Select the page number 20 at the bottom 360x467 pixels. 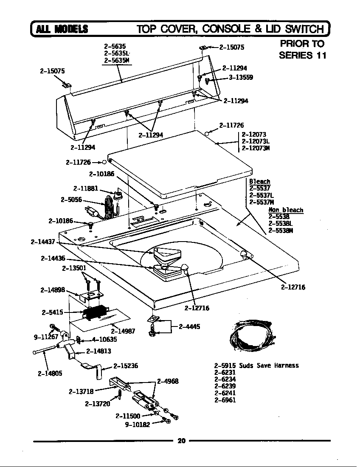[182, 441]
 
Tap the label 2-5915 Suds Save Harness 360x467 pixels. [256, 366]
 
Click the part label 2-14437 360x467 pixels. [43, 242]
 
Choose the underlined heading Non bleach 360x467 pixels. [286, 210]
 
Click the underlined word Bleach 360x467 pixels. [259, 181]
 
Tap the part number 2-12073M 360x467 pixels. [256, 148]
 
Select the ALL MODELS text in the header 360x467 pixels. [62, 29]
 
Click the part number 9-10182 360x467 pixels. [137, 424]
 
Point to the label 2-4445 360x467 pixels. [189, 326]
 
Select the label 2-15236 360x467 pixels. [126, 366]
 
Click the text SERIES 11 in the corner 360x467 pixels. [302, 55]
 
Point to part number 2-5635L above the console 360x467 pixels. [116, 53]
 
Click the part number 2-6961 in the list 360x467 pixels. [225, 399]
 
